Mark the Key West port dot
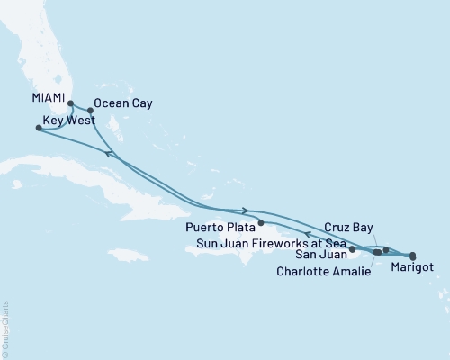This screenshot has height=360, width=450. pos(38,128)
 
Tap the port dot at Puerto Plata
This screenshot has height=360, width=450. pos(260,222)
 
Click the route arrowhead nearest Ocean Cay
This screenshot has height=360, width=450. pos(109,154)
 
